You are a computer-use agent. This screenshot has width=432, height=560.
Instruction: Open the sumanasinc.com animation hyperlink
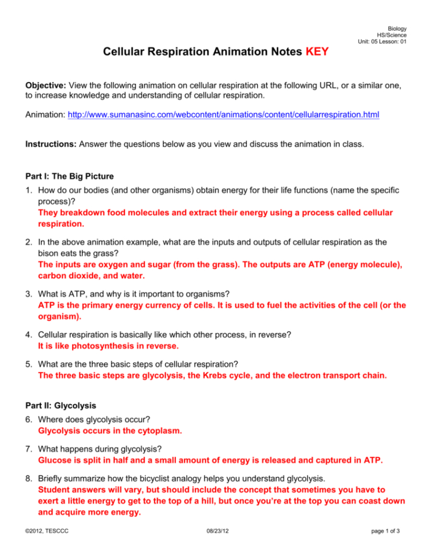click(223, 115)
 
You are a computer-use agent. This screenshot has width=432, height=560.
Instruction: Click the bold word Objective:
click(46, 85)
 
